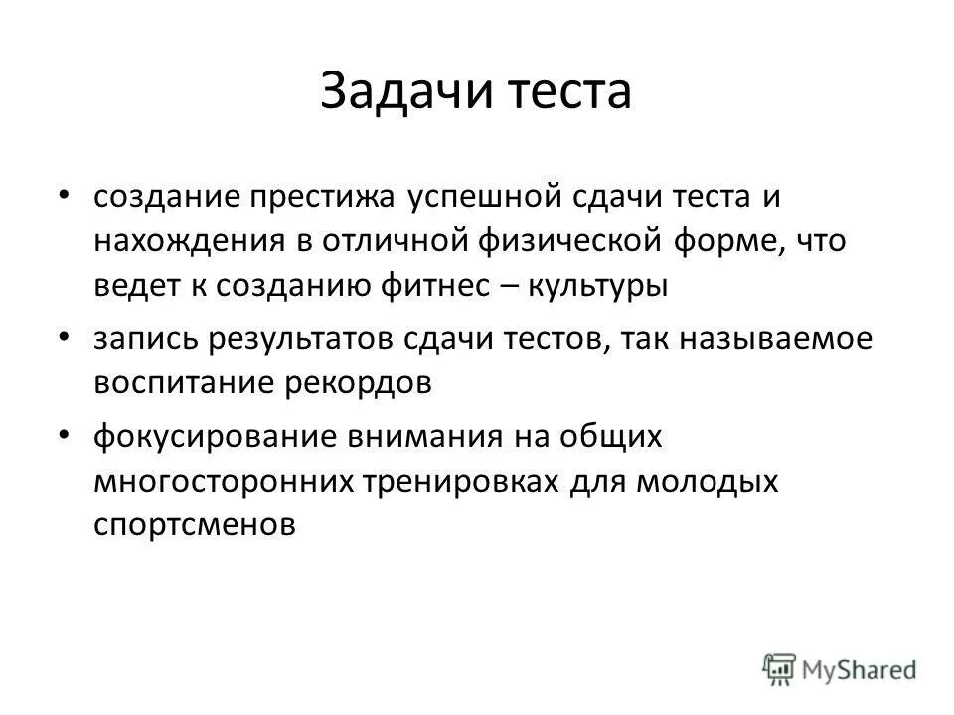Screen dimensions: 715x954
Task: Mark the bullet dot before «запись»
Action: click(65, 339)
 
